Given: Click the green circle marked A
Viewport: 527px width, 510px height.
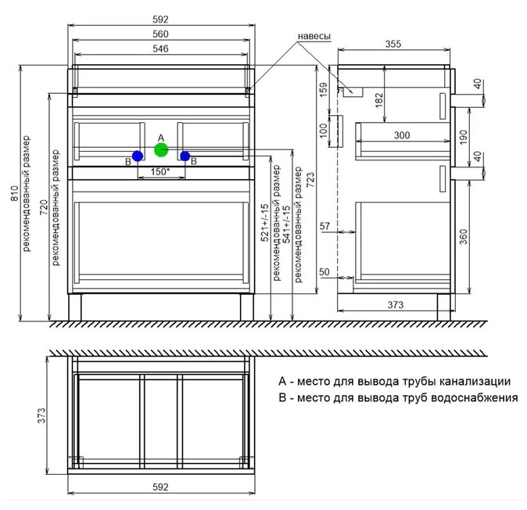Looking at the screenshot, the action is (x=161, y=149).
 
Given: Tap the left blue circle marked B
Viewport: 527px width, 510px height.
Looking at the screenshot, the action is (x=138, y=156).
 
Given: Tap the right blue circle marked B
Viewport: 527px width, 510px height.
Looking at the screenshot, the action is (x=185, y=156).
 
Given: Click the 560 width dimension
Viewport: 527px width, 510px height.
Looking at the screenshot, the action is (x=160, y=34).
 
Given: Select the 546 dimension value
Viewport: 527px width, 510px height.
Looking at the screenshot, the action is (x=160, y=48).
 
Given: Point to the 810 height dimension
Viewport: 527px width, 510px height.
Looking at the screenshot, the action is (x=14, y=193).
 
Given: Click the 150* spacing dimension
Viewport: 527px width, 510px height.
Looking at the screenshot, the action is (x=160, y=172).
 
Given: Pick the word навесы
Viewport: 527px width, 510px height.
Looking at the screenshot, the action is (x=314, y=36).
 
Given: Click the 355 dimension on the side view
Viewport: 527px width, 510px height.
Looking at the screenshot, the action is (x=393, y=44).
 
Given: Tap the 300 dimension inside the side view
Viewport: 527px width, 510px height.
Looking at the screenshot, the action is (x=402, y=135).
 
